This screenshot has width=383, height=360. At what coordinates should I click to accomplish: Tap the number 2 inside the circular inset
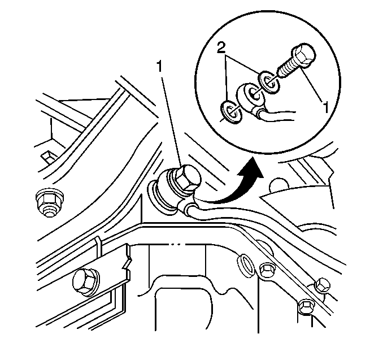click(221, 49)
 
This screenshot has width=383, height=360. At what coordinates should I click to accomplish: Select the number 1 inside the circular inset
click(325, 108)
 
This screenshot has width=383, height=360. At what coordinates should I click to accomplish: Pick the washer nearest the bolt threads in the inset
click(269, 83)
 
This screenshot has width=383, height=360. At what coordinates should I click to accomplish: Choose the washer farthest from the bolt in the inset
click(231, 112)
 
